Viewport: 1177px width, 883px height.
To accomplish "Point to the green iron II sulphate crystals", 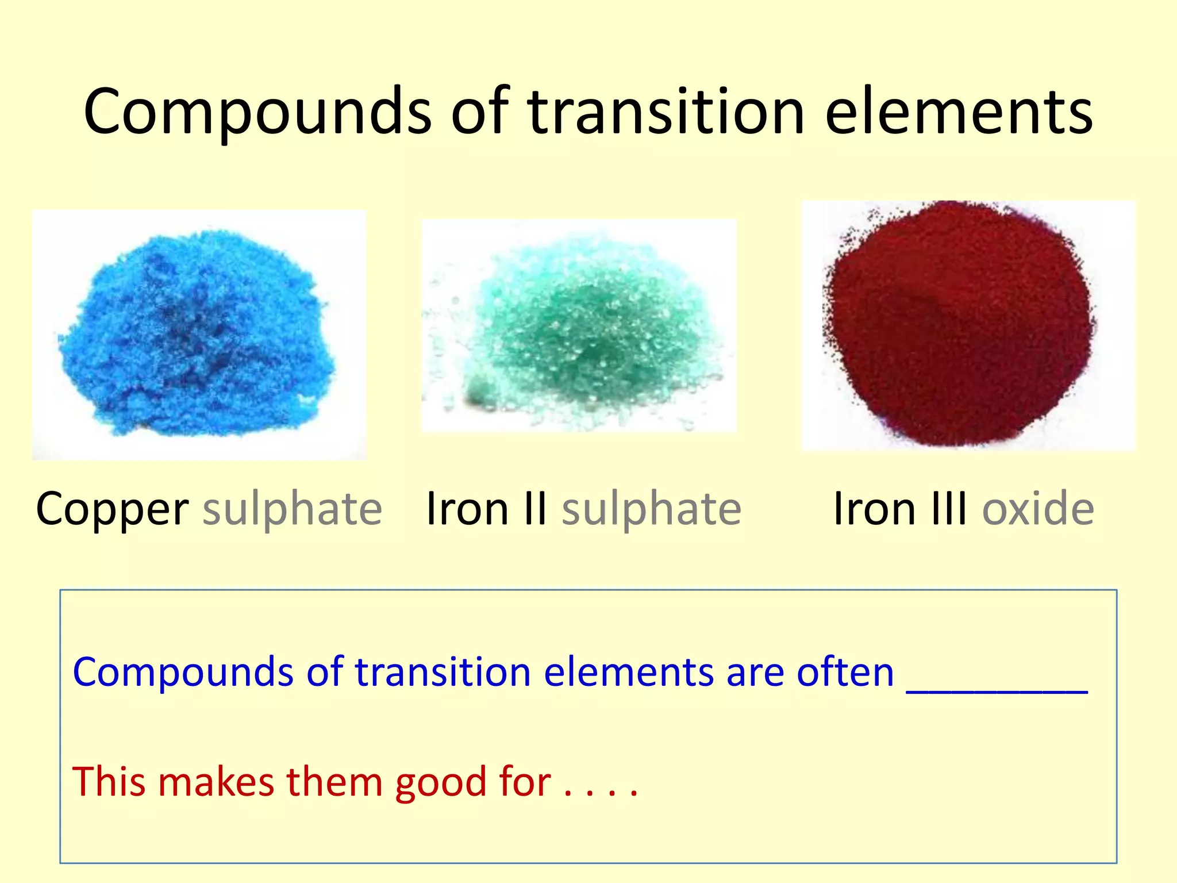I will coord(592,328).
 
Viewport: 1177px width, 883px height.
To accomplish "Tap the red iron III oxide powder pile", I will coord(960,325).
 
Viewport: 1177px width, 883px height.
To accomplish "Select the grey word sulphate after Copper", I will coord(292,509).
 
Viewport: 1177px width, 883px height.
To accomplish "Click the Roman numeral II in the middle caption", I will coord(535,509).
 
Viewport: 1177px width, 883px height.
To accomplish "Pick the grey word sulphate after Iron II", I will coord(651,509).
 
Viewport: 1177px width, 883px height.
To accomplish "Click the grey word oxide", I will coord(1038,509).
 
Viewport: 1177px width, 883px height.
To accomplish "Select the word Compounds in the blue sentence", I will coord(183,673).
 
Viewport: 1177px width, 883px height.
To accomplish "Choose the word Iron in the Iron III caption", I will coord(874,509).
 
